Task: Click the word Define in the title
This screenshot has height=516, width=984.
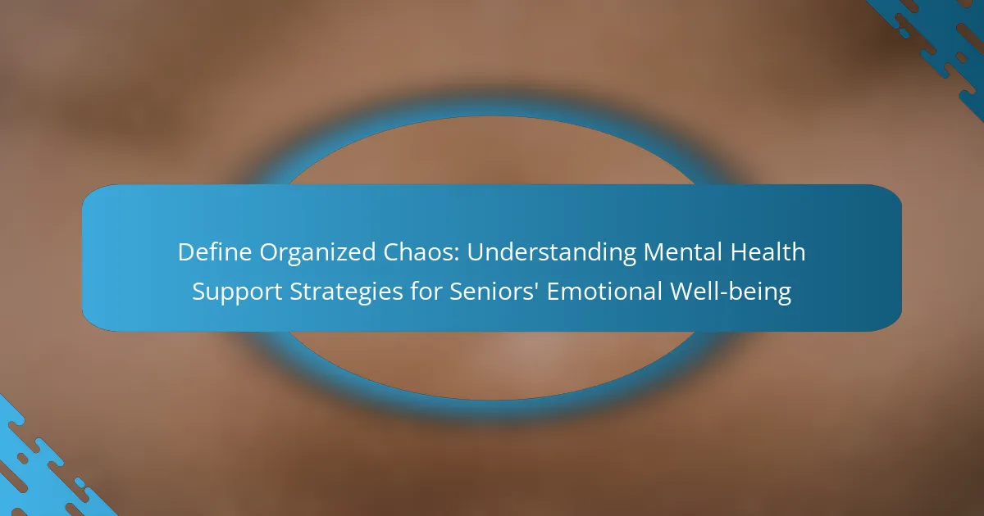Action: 214,252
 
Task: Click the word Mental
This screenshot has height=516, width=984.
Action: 682,252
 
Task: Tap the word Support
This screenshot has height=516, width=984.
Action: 237,293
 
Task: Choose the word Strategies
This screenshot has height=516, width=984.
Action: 346,293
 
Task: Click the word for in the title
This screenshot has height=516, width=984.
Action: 426,291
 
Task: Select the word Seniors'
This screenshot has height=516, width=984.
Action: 494,291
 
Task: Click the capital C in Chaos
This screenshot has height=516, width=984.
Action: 390,252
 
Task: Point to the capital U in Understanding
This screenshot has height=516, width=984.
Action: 475,252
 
